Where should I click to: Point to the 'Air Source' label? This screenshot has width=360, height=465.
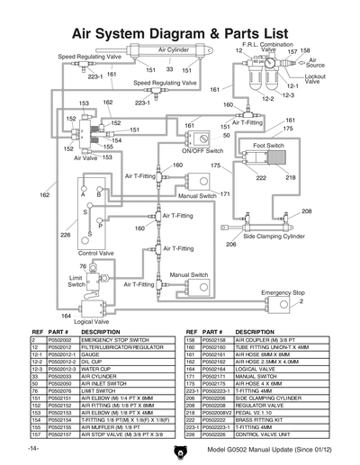pyautogui.click(x=318, y=63)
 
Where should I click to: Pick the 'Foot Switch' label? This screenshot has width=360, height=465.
pyautogui.click(x=268, y=144)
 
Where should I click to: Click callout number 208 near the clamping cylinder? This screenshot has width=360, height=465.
pyautogui.click(x=306, y=211)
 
